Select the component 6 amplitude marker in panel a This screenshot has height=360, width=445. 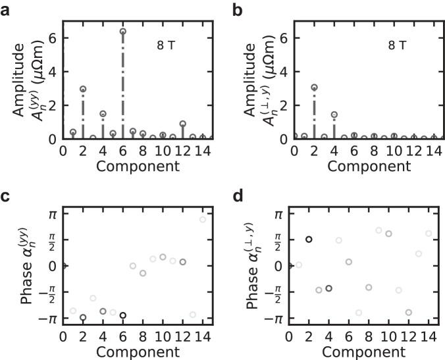click(123, 32)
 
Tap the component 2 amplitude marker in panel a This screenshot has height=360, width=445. click(83, 89)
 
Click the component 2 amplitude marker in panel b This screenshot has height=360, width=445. click(314, 88)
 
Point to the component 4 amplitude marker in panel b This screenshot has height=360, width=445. click(334, 115)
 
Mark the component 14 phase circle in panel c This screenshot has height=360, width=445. click(203, 219)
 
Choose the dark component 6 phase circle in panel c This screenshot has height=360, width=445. click(123, 315)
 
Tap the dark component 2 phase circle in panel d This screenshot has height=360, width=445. click(309, 239)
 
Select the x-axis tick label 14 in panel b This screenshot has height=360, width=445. click(432, 150)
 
